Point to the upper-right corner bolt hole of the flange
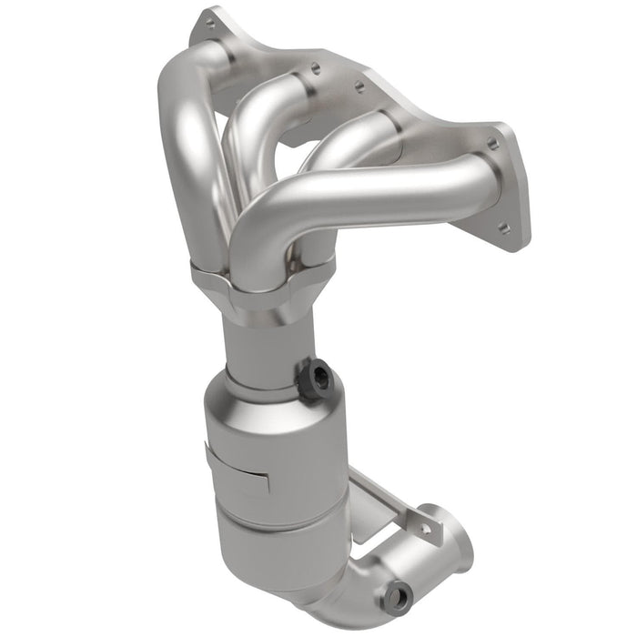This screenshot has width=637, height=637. click(492, 143)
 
